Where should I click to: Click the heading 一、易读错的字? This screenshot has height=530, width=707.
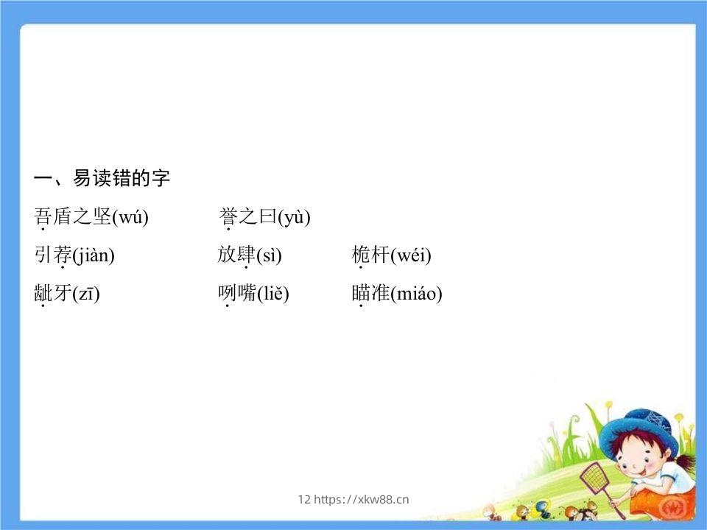tap(102, 178)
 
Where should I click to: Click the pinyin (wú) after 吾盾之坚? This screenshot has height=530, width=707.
tap(130, 217)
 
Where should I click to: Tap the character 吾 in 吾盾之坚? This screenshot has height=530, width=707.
tap(43, 216)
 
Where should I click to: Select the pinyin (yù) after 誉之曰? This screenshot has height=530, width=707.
tap(294, 217)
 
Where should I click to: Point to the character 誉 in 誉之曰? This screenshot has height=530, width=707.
tap(228, 216)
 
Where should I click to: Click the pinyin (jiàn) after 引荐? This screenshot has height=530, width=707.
tap(94, 255)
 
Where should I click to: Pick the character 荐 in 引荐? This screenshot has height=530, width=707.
tap(63, 255)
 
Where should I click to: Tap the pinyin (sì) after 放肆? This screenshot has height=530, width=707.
tap(269, 255)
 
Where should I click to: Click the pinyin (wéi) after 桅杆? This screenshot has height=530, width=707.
tap(410, 255)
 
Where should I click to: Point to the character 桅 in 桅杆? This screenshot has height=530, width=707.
tap(361, 255)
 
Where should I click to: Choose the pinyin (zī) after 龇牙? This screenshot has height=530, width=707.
tap(86, 294)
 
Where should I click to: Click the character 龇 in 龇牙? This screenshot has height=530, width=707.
tap(43, 293)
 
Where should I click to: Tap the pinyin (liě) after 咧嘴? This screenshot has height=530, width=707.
tap(272, 294)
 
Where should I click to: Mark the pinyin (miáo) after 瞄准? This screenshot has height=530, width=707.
tap(416, 294)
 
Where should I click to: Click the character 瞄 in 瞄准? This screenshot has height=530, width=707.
tap(361, 293)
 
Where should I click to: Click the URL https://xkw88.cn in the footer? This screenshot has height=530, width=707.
tap(361, 500)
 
